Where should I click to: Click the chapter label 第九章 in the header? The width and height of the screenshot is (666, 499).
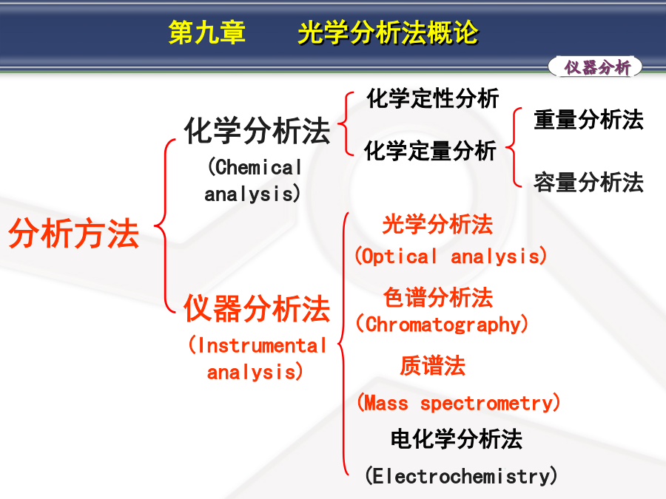click(x=207, y=33)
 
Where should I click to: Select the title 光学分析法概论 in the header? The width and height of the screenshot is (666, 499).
click(x=388, y=33)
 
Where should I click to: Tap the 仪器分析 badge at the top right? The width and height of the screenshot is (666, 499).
click(x=595, y=67)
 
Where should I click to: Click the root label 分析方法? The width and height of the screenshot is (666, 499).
click(x=74, y=233)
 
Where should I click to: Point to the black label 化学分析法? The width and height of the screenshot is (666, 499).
click(x=257, y=131)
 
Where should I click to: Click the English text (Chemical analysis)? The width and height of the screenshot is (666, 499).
click(x=254, y=180)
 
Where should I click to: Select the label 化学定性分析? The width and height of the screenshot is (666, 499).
click(x=432, y=98)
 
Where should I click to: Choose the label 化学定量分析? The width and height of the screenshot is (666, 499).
click(x=430, y=151)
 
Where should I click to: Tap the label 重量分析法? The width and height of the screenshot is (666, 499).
click(x=589, y=119)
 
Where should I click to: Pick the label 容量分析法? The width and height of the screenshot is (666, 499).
click(x=589, y=182)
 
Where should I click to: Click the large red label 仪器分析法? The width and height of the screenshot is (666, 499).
click(x=257, y=308)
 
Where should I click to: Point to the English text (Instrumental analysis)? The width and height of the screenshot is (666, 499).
click(x=258, y=359)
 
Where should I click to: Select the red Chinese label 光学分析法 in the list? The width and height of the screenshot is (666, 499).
click(x=437, y=224)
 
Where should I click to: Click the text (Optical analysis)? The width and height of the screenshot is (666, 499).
click(x=451, y=257)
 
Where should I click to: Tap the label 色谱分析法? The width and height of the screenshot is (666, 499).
click(x=438, y=297)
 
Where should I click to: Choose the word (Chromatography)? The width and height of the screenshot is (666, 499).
click(x=443, y=325)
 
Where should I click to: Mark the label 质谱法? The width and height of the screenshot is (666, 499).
click(x=432, y=366)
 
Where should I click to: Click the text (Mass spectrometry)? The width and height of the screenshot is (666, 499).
click(x=458, y=402)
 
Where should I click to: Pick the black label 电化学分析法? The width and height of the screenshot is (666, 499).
click(x=456, y=438)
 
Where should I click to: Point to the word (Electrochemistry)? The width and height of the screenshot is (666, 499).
click(x=461, y=475)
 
